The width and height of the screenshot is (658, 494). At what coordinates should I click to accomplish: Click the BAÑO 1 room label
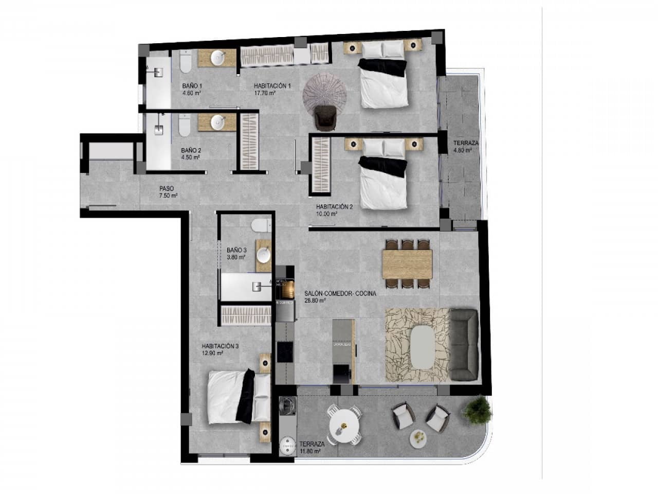(x=192, y=86)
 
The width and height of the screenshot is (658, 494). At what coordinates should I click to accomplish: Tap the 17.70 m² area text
(x=265, y=94)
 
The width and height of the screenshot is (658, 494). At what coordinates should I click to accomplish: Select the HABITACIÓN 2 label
(x=334, y=207)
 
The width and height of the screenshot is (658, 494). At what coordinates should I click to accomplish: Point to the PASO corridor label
(x=166, y=189)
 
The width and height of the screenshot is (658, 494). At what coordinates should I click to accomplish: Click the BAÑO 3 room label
(x=236, y=250)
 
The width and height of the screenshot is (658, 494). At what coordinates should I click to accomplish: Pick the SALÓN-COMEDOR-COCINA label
(x=340, y=293)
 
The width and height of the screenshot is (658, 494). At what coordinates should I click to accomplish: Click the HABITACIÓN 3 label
(x=220, y=346)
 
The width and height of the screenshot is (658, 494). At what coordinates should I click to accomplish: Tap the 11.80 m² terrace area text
(x=310, y=451)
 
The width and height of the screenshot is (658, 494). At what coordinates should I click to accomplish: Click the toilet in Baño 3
(x=261, y=226)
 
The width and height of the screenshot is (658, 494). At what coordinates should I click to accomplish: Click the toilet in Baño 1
(x=185, y=62)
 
